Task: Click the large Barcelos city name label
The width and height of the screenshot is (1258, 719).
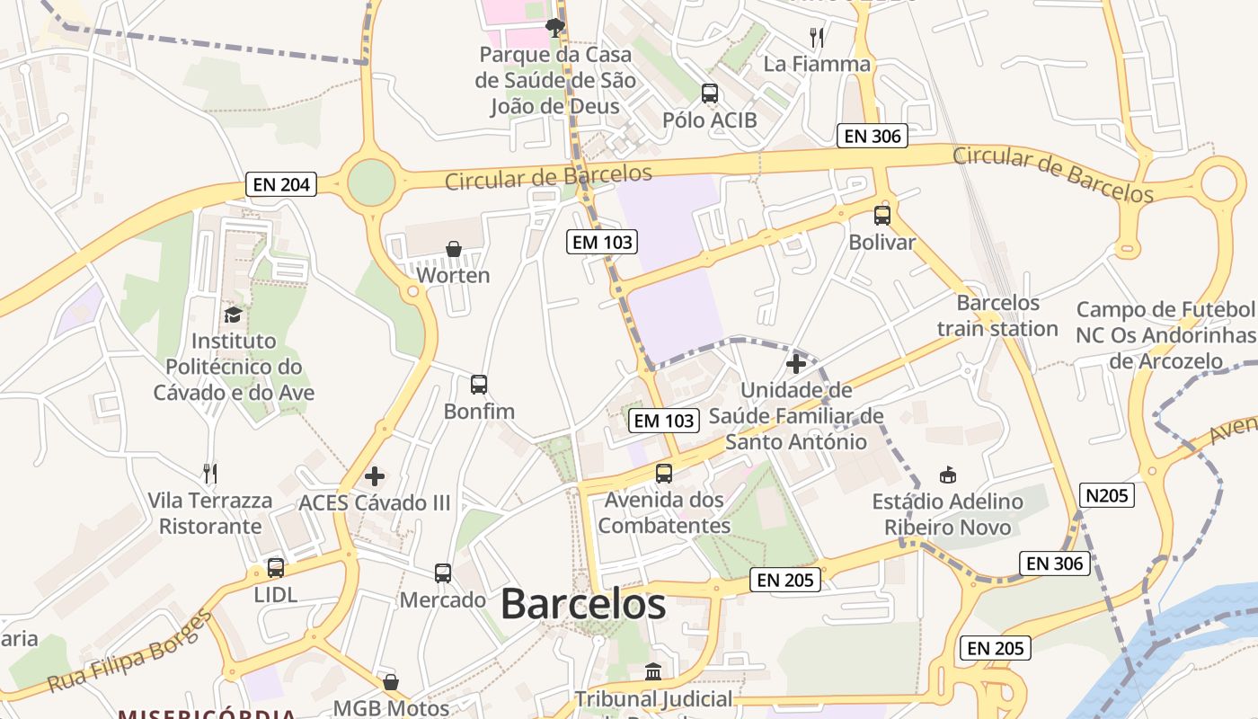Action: pyautogui.click(x=583, y=604)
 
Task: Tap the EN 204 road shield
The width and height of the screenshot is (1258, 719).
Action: pyautogui.click(x=281, y=185)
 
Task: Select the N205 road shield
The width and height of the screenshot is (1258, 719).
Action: pyautogui.click(x=1107, y=495)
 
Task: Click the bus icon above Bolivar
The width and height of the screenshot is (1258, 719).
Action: pyautogui.click(x=882, y=216)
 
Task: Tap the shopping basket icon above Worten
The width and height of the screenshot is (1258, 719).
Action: pyautogui.click(x=454, y=249)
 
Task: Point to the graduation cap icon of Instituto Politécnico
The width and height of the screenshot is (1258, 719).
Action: pyautogui.click(x=234, y=315)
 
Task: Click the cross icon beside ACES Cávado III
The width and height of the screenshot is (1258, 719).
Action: pyautogui.click(x=375, y=475)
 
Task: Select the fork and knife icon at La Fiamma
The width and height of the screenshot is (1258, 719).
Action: pyautogui.click(x=817, y=38)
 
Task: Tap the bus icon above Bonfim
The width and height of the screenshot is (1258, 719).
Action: pyautogui.click(x=479, y=385)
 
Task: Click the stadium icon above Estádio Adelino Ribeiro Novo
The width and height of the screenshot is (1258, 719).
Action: pyautogui.click(x=947, y=475)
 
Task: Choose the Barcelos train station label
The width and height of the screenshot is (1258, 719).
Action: pyautogui.click(x=997, y=315)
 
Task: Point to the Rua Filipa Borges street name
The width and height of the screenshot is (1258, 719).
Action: pyautogui.click(x=129, y=652)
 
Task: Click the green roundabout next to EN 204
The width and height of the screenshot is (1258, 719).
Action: pyautogui.click(x=371, y=183)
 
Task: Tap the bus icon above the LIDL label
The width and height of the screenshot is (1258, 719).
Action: pyautogui.click(x=276, y=568)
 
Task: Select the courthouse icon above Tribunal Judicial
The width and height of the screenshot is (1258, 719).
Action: pyautogui.click(x=653, y=672)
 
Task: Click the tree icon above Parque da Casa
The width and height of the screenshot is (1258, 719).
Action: pyautogui.click(x=555, y=27)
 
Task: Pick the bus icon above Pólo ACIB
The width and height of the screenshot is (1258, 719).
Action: pyautogui.click(x=710, y=93)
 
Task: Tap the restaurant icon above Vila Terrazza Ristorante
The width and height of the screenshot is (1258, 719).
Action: pyautogui.click(x=210, y=473)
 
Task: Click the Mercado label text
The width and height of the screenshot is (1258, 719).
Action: pyautogui.click(x=443, y=599)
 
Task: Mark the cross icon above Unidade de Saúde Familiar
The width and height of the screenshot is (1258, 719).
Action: pyautogui.click(x=795, y=364)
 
